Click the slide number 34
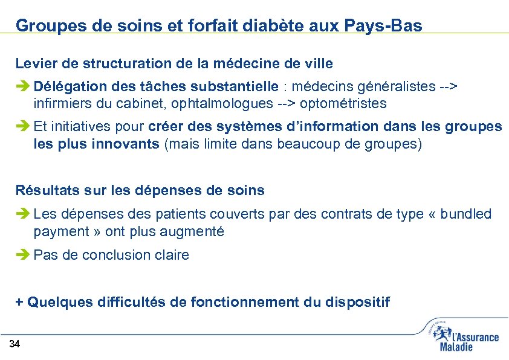[15, 345]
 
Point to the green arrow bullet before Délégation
[23, 86]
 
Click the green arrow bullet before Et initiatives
[23, 127]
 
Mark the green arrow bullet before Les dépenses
[23, 214]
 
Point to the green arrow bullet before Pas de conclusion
[23, 256]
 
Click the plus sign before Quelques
[19, 302]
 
